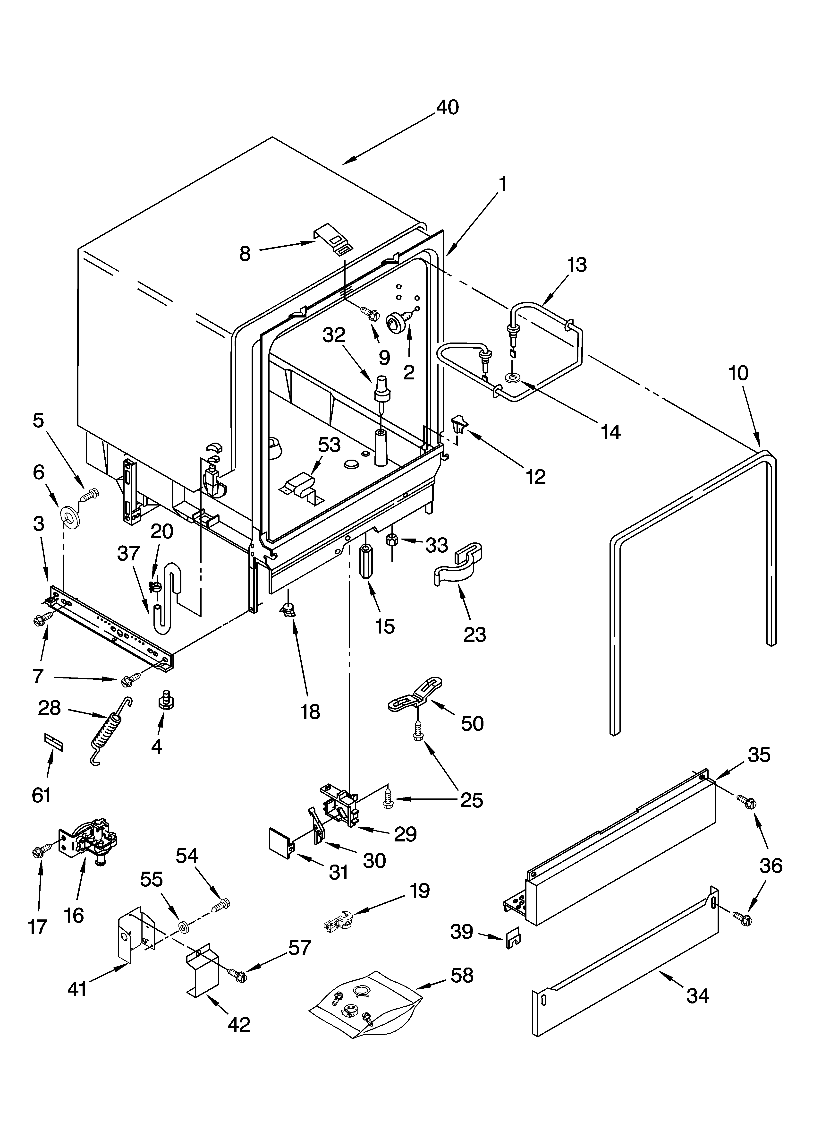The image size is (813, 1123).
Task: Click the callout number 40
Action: pos(447,107)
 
